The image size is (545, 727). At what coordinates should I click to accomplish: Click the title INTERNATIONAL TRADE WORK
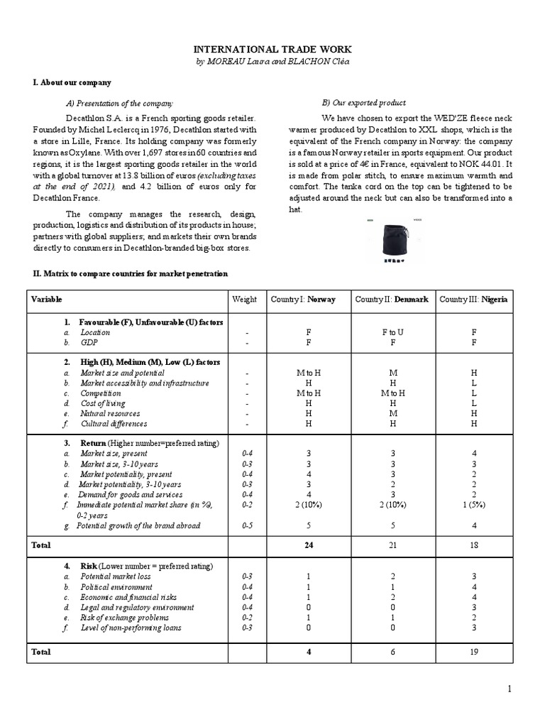[x=272, y=50]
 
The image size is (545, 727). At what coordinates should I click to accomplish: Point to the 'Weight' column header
[x=244, y=300]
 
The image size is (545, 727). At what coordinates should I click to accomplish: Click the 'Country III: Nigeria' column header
[x=473, y=300]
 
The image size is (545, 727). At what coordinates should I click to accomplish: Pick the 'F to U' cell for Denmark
[x=392, y=332]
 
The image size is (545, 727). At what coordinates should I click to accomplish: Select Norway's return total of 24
[x=309, y=545]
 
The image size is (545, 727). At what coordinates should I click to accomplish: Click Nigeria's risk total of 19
[x=474, y=652]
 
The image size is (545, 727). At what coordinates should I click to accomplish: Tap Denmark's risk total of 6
[x=392, y=652]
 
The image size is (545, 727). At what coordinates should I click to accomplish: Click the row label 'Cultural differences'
[x=114, y=424]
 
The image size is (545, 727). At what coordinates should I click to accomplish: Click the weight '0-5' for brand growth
[x=244, y=525]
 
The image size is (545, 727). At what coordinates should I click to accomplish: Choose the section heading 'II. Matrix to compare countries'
[x=127, y=273]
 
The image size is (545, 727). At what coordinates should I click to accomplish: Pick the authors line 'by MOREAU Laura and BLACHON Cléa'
[x=272, y=62]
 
